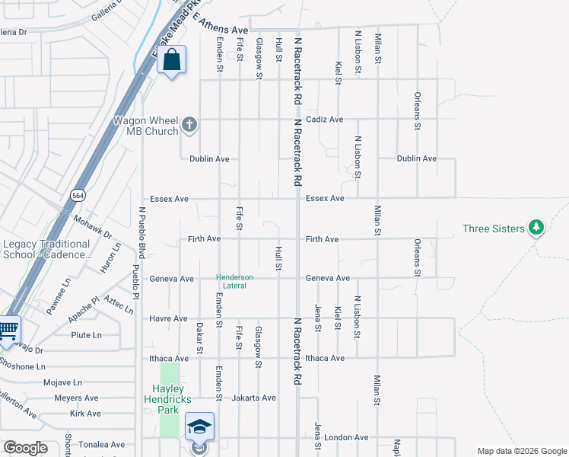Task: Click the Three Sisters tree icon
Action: [536, 228]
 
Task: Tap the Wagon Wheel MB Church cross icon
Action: [189, 123]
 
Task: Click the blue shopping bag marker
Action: [172, 59]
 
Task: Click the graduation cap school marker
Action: [199, 427]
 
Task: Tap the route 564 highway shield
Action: [78, 195]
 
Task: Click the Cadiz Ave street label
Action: [325, 120]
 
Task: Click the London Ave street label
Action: [346, 438]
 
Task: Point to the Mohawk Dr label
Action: [93, 226]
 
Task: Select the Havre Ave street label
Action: [168, 318]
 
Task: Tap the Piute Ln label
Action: [86, 334]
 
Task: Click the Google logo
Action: [25, 448]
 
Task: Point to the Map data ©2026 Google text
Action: [521, 451]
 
